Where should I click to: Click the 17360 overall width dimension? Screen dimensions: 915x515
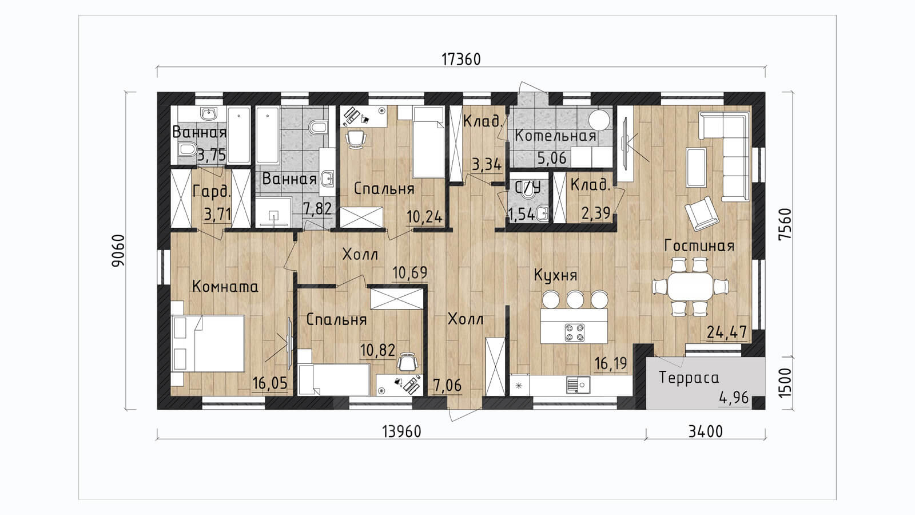coord(461,60)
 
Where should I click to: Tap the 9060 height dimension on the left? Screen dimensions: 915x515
coord(118,251)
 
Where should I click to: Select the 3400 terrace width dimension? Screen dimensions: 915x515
coord(706,431)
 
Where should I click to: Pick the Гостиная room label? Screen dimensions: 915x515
coord(699,245)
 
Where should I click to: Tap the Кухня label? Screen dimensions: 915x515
coord(555,276)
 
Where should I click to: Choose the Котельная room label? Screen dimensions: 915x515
coord(555,136)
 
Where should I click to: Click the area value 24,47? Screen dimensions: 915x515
coord(727,332)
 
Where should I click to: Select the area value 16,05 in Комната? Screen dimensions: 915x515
coord(270,383)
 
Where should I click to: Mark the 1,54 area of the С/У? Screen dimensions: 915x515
coord(521,214)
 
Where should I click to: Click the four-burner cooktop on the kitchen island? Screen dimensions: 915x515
coord(574,332)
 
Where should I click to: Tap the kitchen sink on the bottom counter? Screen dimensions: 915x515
coord(578,385)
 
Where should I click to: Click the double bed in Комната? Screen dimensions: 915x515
coord(208,343)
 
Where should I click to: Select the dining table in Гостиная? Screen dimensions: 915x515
coord(690,287)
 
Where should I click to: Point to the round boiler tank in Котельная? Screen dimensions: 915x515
coord(599,120)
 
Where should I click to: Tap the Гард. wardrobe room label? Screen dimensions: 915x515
coord(212,192)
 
